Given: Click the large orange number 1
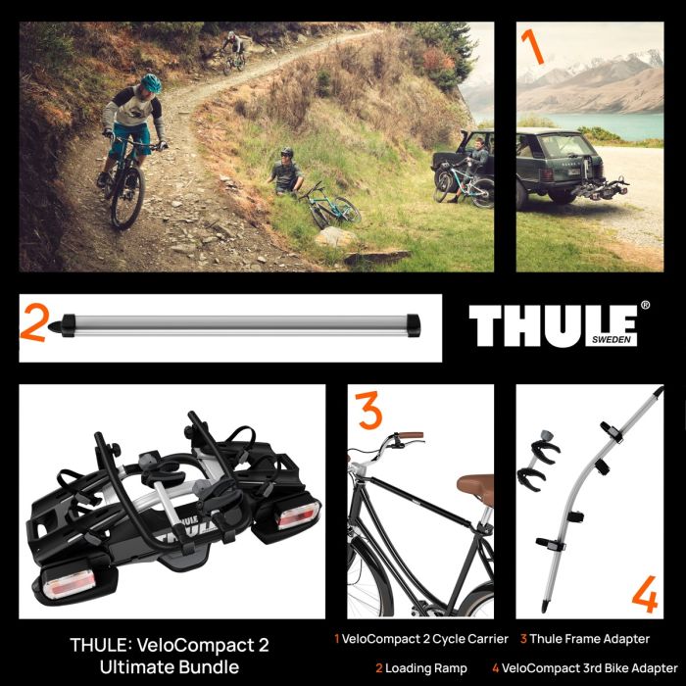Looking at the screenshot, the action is coord(533,46).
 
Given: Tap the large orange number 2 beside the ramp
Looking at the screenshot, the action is coord(34,322).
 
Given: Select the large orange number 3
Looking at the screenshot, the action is coord(368,411).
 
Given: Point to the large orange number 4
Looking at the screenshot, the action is coord(645,594).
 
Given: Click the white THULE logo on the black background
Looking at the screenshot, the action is coord(554,325).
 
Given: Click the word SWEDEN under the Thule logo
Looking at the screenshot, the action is coord(612,340).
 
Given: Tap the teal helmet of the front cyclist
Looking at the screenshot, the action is coord(151,83).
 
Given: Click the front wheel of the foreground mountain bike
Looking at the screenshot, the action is coord(127,197).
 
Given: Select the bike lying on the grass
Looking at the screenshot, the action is coord(330,206).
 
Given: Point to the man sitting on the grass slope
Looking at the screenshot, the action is coord(286,171).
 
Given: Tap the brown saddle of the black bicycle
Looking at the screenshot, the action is coord(475,486).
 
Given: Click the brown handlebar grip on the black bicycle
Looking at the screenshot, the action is coord(411,435).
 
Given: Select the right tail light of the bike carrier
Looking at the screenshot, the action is coord(297,515).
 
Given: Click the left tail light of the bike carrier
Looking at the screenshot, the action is coord(70,584).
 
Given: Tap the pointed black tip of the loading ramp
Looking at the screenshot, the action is coord(54,326).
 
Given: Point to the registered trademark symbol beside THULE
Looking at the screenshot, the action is coord(645,306).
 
